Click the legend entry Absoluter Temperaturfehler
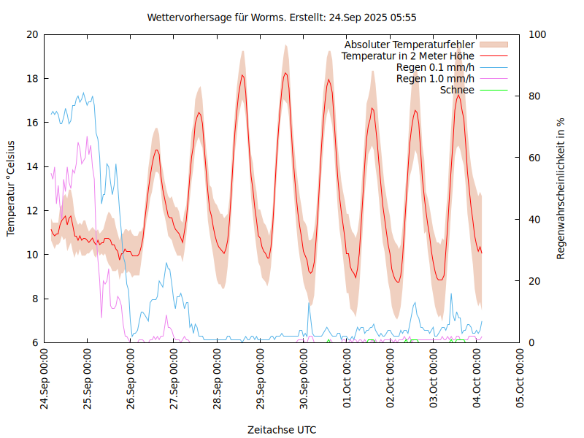[409, 45]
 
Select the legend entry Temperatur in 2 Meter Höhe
[408, 56]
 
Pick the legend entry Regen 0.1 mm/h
[435, 67]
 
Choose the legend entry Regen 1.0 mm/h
[435, 79]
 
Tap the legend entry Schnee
[457, 90]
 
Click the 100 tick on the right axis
[538, 34]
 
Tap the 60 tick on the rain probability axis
[535, 158]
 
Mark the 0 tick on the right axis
[532, 342]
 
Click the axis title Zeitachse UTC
[282, 429]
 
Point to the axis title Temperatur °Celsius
[11, 188]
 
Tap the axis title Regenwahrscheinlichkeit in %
[561, 188]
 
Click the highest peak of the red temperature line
[285, 73]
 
